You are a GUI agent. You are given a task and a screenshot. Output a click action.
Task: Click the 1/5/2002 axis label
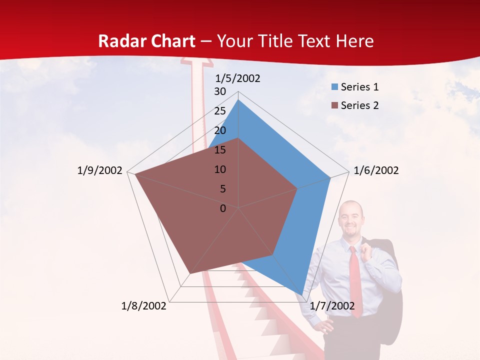(x=238, y=78)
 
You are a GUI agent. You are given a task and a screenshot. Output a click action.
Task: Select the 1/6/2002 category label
(x=376, y=170)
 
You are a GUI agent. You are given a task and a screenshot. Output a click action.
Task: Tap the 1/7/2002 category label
(x=332, y=306)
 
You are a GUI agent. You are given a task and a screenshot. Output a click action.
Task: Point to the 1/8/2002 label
(x=144, y=306)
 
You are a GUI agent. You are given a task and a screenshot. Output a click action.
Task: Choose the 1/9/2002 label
(x=100, y=170)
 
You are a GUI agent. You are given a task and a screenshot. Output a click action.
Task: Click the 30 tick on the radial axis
(x=220, y=91)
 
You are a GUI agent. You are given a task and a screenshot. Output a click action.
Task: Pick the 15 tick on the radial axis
(x=220, y=150)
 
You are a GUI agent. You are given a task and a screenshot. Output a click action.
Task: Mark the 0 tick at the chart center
(x=223, y=208)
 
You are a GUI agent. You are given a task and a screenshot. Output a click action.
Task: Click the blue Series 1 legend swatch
(x=335, y=87)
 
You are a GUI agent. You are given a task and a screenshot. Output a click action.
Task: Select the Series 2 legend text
(x=359, y=105)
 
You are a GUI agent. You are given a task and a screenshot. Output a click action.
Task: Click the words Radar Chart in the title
(x=146, y=41)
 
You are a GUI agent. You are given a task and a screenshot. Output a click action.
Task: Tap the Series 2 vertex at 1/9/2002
(x=135, y=174)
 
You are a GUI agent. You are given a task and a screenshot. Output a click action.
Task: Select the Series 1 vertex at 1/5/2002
(x=238, y=100)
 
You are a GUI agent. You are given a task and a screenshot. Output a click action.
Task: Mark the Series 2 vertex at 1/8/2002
(x=190, y=273)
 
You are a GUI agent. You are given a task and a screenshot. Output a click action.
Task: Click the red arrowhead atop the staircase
(x=195, y=64)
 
